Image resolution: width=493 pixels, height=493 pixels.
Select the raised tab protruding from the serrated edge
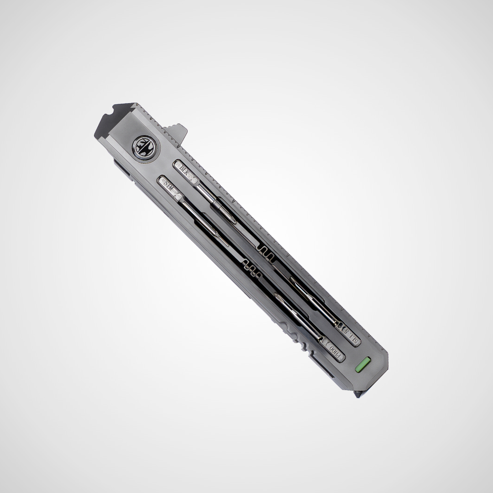[178, 132]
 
